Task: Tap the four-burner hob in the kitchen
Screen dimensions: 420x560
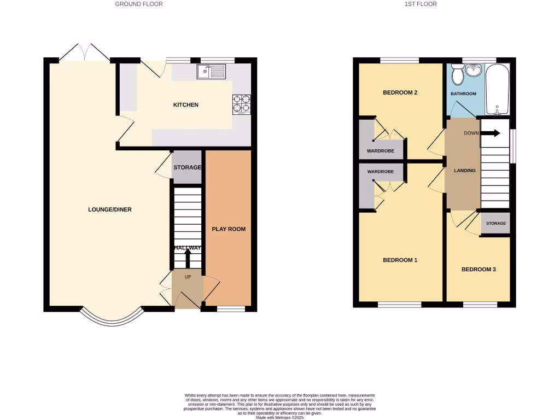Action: [x=242, y=105]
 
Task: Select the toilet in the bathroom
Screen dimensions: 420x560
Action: [x=458, y=74]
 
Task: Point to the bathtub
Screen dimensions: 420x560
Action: [x=497, y=89]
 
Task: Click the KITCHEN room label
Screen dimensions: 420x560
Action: [x=186, y=105]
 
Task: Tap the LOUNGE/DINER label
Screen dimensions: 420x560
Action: [x=110, y=209]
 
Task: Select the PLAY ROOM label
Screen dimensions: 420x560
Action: [x=229, y=229]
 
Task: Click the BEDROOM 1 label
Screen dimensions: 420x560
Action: [x=400, y=260]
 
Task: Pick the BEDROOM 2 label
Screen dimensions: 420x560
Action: [x=400, y=92]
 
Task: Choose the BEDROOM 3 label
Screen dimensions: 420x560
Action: [x=479, y=269]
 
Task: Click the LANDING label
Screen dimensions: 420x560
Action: [x=465, y=171]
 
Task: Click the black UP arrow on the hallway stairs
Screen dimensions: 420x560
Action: [x=188, y=258]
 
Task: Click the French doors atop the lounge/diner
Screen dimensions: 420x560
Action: [x=84, y=52]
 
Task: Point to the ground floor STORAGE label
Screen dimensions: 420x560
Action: [x=188, y=167]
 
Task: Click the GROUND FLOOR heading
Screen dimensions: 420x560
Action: [x=138, y=4]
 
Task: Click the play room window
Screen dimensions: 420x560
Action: [x=230, y=309]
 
